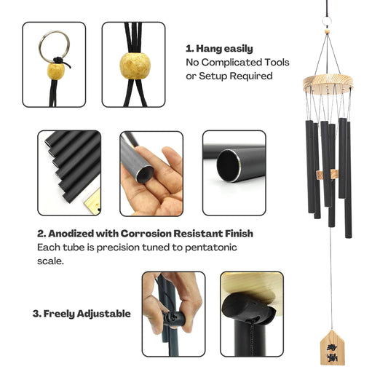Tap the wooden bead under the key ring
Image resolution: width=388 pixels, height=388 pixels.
(56, 71)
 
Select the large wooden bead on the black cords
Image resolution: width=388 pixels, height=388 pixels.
(135, 66)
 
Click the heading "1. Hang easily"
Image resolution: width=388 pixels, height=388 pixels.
(219, 49)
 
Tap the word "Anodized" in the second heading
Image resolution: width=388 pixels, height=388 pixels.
(71, 234)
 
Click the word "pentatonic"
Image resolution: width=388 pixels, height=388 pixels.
(211, 248)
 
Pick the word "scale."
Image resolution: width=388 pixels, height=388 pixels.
(50, 261)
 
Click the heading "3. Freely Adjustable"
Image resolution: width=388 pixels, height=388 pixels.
(82, 314)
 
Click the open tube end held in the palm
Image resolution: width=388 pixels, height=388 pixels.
(145, 174)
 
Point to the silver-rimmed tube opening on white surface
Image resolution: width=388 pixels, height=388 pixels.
(229, 166)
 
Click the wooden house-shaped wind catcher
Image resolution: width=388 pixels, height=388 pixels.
(332, 347)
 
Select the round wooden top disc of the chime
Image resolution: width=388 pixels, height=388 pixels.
(328, 84)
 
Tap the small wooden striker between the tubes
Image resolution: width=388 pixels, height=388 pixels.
(327, 175)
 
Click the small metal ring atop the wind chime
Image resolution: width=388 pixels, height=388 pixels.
(327, 21)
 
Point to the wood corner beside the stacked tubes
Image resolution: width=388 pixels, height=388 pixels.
(93, 202)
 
